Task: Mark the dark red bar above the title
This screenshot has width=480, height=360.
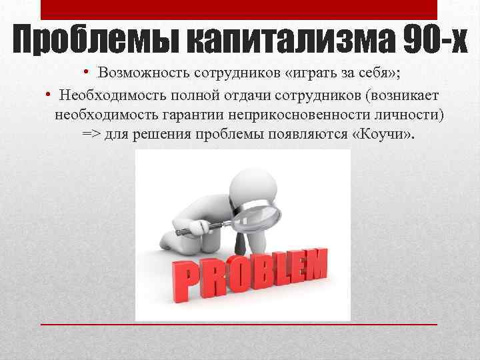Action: [239, 9]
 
